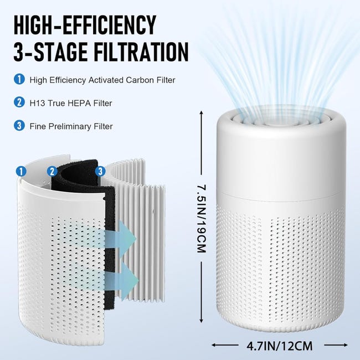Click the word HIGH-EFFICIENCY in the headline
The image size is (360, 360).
tap(85, 25)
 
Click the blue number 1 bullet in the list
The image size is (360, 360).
tap(19, 79)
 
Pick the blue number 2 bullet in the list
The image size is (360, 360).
tap(19, 102)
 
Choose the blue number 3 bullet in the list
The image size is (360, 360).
tap(19, 126)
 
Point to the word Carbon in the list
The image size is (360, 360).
tap(140, 80)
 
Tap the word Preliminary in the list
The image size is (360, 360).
tap(70, 126)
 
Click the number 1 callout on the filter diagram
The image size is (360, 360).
tap(21, 171)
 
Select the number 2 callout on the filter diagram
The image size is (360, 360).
tap(52, 171)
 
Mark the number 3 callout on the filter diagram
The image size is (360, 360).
tap(100, 171)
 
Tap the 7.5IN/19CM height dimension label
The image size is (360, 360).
tap(202, 218)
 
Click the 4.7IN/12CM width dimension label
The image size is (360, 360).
tap(280, 346)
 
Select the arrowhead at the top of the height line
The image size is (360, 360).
tap(202, 113)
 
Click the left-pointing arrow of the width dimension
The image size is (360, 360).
tap(225, 345)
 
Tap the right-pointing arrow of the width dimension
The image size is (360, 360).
tap(336, 345)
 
